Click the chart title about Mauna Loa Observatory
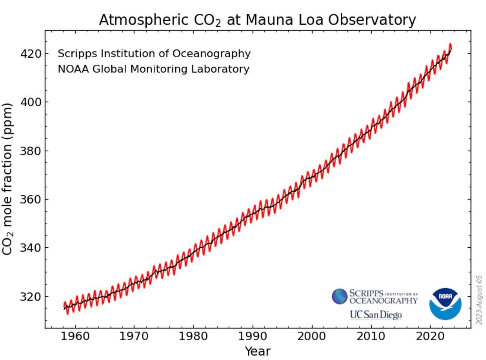(257, 20)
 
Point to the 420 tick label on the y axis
(31, 54)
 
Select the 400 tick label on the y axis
(31, 102)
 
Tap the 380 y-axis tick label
(31, 151)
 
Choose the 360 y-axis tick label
(31, 199)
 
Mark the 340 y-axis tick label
(31, 248)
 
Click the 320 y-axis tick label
(31, 297)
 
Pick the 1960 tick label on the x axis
(75, 337)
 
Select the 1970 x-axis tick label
(134, 337)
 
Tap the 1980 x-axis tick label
(193, 337)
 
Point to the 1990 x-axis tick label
(252, 337)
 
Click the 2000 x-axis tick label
(311, 337)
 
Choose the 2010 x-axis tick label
(371, 337)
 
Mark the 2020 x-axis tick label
(430, 337)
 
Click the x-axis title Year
(258, 351)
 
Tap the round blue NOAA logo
(445, 304)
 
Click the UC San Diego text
(375, 315)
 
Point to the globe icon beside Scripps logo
(339, 296)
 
